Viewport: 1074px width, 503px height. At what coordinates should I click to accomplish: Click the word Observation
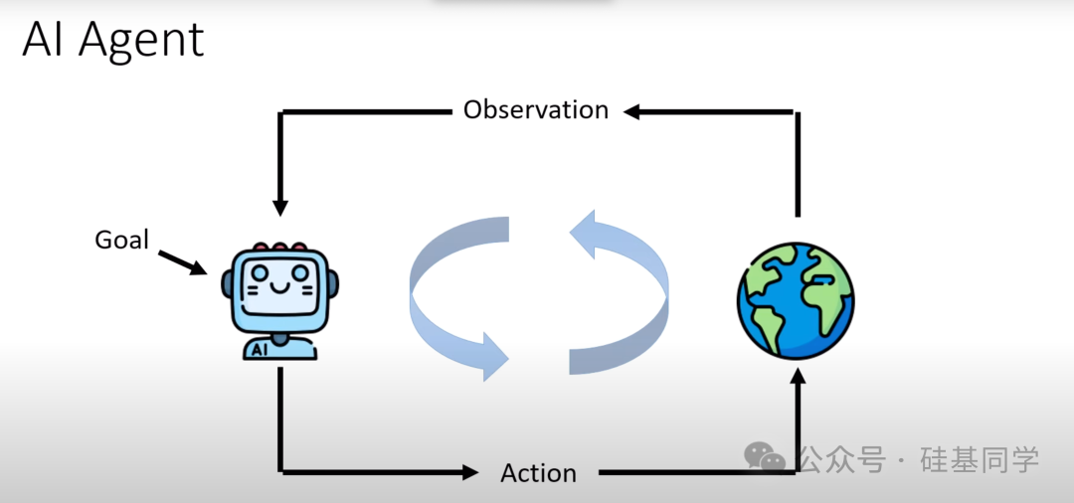(535, 109)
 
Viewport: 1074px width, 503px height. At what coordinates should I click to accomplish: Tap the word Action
(538, 473)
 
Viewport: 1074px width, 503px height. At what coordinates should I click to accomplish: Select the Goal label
(121, 240)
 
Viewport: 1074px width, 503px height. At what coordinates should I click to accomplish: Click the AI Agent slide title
(112, 41)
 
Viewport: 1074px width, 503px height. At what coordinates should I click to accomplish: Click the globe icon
(795, 301)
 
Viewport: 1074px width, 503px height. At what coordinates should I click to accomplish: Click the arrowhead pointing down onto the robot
(280, 207)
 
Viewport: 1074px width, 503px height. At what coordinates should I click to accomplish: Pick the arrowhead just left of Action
(468, 472)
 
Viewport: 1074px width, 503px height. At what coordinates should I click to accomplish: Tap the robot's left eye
(261, 272)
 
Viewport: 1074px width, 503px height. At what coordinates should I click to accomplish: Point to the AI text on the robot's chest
(260, 349)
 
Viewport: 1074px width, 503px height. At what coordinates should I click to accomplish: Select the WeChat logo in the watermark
(765, 458)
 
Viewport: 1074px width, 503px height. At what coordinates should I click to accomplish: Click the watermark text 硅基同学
(980, 459)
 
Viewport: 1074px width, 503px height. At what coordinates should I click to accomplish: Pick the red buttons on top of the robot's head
(280, 246)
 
